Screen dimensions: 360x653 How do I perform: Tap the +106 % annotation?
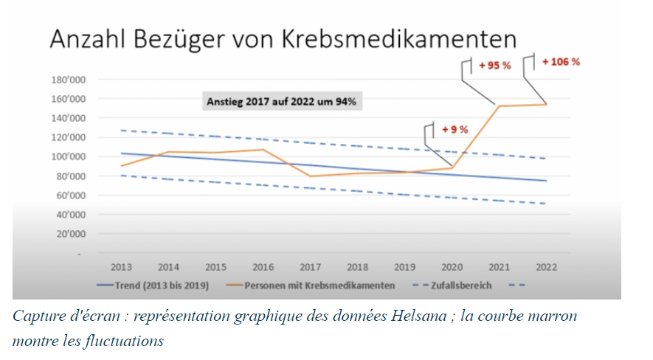coord(561,62)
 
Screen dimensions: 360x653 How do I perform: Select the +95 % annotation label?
coord(494,66)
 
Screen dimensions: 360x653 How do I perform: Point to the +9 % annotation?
coord(455,130)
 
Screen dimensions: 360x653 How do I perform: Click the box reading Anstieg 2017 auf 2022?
coord(280,102)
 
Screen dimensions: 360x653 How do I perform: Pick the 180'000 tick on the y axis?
coord(67,79)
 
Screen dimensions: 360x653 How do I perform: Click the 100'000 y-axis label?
coord(67,156)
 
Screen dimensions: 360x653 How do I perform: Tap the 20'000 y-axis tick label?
coord(69,234)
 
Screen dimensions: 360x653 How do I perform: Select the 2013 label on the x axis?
coord(121,267)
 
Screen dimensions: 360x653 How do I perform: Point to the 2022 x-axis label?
coord(546,267)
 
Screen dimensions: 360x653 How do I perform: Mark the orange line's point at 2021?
coord(499,106)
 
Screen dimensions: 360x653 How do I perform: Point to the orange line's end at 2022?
coord(547,104)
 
